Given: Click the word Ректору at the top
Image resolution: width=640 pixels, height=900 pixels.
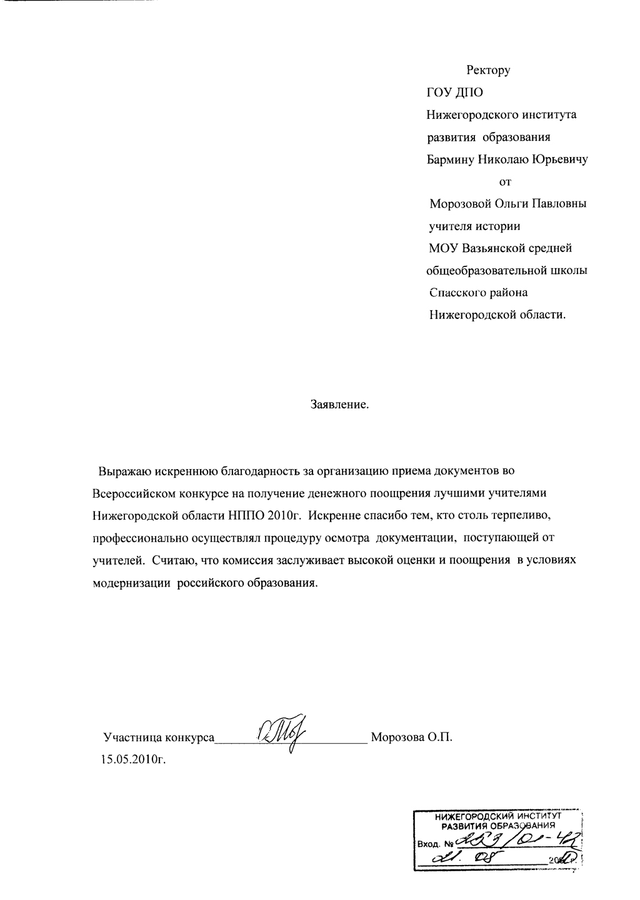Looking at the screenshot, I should pos(488,71).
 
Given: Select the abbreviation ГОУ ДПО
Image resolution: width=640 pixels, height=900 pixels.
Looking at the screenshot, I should pos(455,93).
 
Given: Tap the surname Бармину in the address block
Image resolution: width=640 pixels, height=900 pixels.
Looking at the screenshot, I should pos(450,159).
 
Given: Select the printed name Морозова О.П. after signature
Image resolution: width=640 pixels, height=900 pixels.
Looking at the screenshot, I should pos(411,737).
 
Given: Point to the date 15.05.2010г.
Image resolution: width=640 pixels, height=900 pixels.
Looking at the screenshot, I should pos(133,759).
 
